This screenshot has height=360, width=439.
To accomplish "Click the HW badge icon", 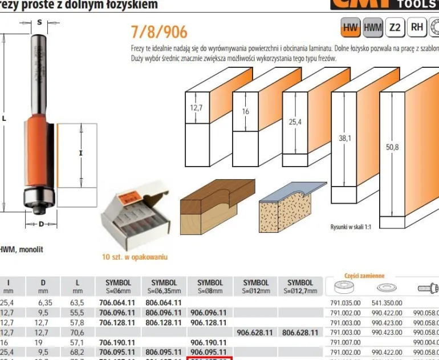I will pyautogui.click(x=350, y=27).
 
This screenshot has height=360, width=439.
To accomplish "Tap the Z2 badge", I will pyautogui.click(x=395, y=27).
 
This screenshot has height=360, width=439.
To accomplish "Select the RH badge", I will pyautogui.click(x=418, y=27).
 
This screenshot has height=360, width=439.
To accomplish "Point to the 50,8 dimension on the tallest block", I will pyautogui.click(x=392, y=147).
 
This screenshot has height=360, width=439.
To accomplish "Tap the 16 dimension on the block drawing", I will pyautogui.click(x=246, y=111).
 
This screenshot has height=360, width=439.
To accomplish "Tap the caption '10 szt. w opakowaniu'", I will pyautogui.click(x=135, y=257).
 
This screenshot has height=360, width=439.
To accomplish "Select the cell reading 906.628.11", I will pyautogui.click(x=256, y=331).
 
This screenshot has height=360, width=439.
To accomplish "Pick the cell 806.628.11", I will pyautogui.click(x=300, y=331).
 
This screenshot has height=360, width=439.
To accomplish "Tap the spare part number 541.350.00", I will pyautogui.click(x=387, y=303).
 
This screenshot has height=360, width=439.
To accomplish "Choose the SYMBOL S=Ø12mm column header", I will pyautogui.click(x=256, y=286).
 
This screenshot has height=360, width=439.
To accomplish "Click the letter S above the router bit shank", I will pyautogui.click(x=39, y=22).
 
